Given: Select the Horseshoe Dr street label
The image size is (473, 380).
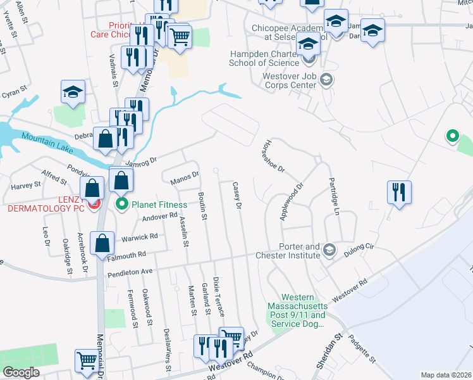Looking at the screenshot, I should coord(274,156).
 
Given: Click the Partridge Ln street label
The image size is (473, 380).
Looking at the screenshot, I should coord(333,196).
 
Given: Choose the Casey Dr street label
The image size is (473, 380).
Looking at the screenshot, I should coord(238,196).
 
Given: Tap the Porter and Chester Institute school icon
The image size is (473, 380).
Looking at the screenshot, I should coord(329,251).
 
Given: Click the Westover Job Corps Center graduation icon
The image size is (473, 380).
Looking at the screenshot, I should coord(326,80).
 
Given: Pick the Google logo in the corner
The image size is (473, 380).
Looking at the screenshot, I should coord(21,372).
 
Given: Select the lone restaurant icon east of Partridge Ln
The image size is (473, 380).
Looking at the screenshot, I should coord(399,192).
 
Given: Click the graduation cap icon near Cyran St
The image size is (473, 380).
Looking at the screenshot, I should coord(73,92).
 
